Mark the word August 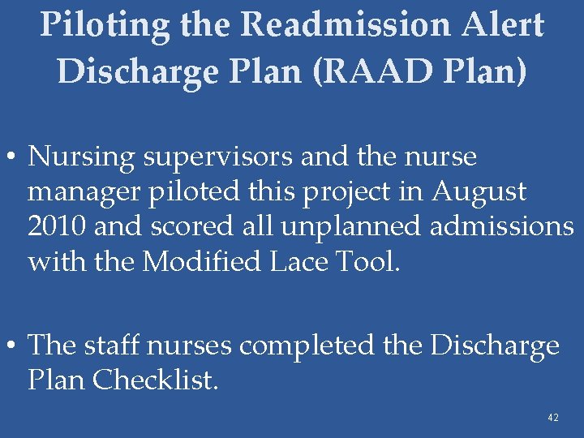click(479, 192)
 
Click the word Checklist click(155, 380)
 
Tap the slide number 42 click(553, 418)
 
